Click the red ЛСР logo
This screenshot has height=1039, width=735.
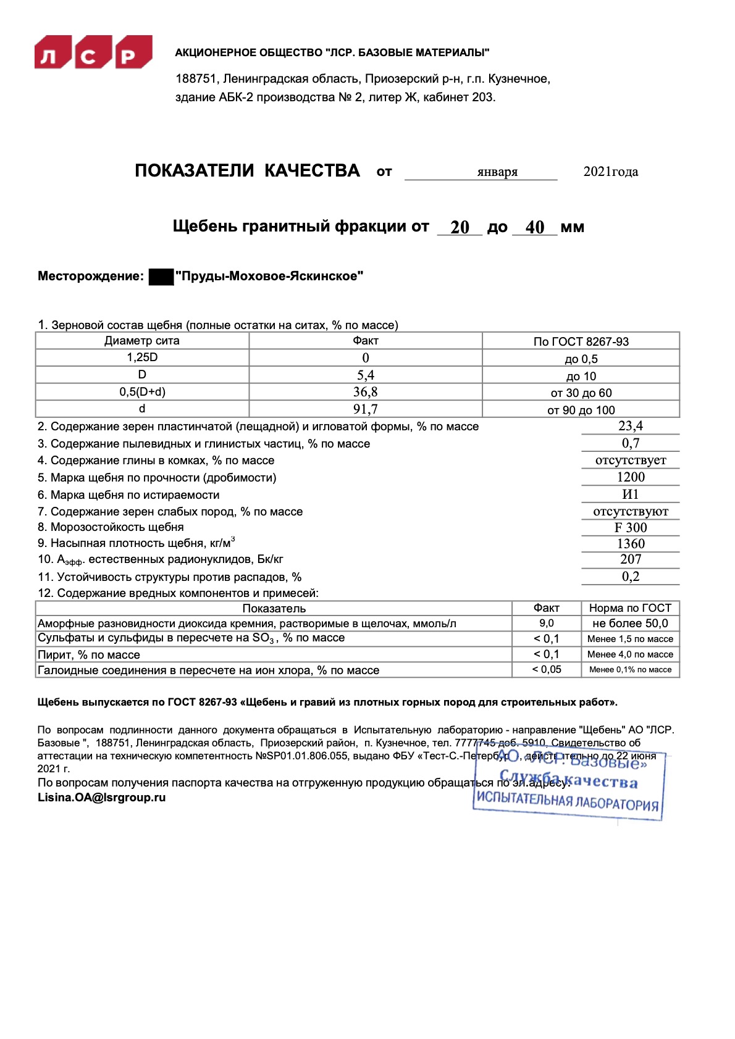pos(93,52)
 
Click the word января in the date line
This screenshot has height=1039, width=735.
pos(497,172)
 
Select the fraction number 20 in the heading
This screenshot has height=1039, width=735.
pos(460,227)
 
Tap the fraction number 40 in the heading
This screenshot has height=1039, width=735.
pos(535,227)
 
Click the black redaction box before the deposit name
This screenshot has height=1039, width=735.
pos(161,277)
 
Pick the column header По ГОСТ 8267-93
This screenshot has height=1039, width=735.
pos(581,341)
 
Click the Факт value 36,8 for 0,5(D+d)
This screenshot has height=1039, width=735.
pos(366,392)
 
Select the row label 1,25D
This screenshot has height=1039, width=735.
pos(142,357)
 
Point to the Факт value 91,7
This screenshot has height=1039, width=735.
pos(366,409)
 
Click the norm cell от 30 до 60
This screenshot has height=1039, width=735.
pos(581,393)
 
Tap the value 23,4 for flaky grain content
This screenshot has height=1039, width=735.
pos(630,426)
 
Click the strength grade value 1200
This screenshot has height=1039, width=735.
pos(630,477)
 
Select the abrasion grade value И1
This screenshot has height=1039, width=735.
pos(630,494)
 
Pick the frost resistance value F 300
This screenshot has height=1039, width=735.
pos(630,528)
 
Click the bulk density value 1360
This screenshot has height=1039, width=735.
pos(630,544)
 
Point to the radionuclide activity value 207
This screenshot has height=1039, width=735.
pos(630,559)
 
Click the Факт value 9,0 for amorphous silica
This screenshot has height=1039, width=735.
pos(547,624)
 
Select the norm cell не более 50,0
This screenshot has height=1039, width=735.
pos(630,624)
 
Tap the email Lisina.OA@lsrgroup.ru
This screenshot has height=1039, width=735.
pos(102,798)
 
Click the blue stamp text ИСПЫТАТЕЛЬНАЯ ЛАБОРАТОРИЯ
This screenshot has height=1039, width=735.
pos(567,801)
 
